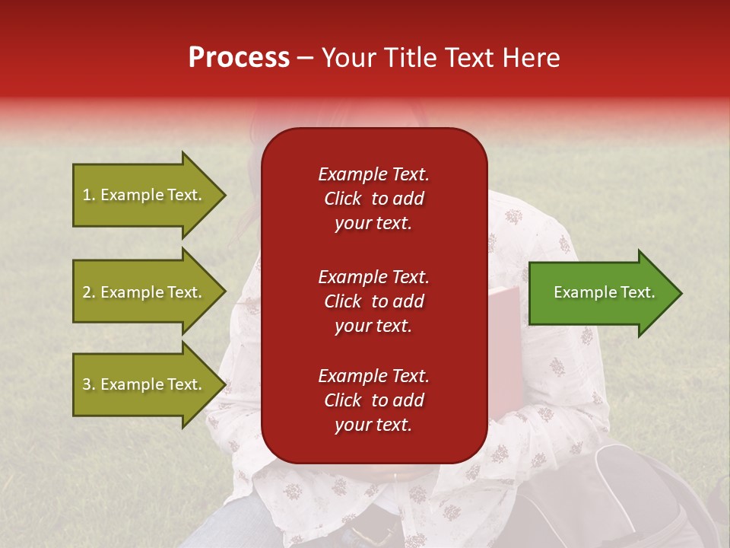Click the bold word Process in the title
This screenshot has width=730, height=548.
click(x=239, y=58)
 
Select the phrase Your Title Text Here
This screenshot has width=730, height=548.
click(x=440, y=58)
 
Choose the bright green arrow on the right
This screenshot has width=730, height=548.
click(x=601, y=293)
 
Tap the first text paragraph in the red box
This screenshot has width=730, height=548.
click(x=373, y=199)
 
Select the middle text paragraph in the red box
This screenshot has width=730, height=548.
click(x=373, y=301)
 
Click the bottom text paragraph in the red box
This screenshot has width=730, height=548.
click(x=373, y=400)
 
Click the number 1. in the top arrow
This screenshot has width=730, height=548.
click(x=89, y=195)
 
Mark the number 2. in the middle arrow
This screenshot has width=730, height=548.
click(x=89, y=292)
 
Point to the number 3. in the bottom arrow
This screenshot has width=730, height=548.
click(x=89, y=384)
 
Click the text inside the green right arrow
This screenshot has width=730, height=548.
click(x=604, y=292)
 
